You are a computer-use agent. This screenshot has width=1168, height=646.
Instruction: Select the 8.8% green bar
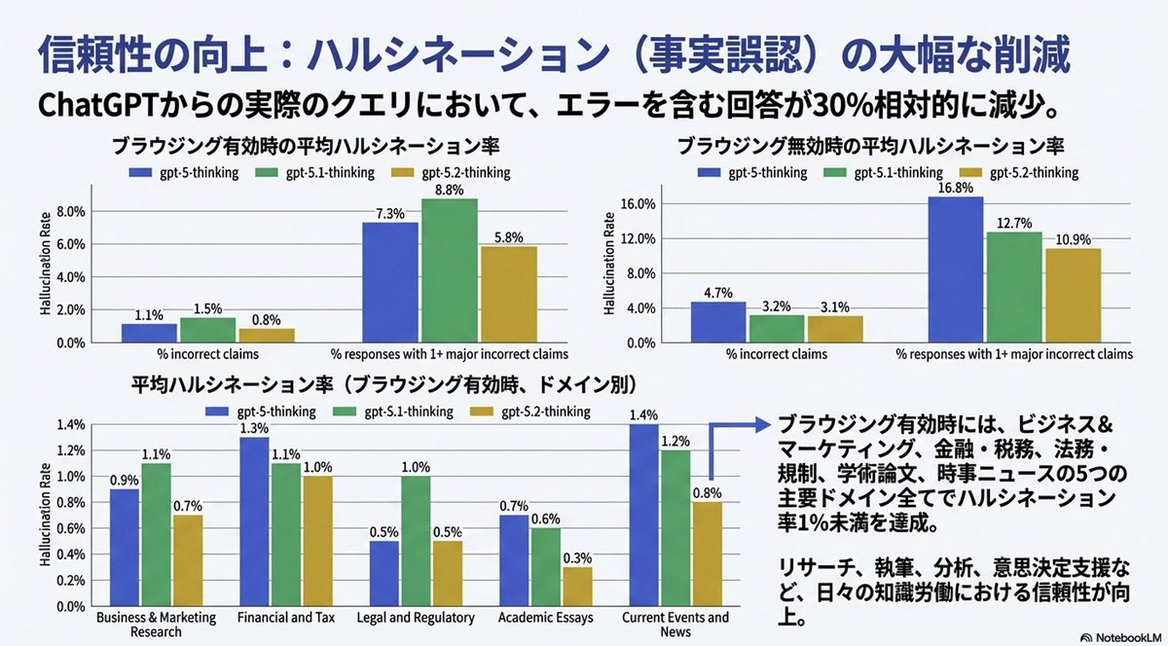pos(449,271)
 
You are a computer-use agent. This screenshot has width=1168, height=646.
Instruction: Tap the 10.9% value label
pos(1073,238)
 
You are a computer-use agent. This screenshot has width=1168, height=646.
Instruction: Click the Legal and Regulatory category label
pos(416,618)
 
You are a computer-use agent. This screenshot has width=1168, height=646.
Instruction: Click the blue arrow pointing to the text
pos(740,426)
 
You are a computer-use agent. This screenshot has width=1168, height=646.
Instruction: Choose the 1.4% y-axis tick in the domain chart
pos(72,425)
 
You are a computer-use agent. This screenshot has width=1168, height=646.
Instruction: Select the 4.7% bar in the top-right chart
pos(718,323)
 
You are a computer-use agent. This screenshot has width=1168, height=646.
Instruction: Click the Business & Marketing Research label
pos(142,625)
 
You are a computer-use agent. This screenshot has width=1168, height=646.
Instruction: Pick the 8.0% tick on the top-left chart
pos(72,211)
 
